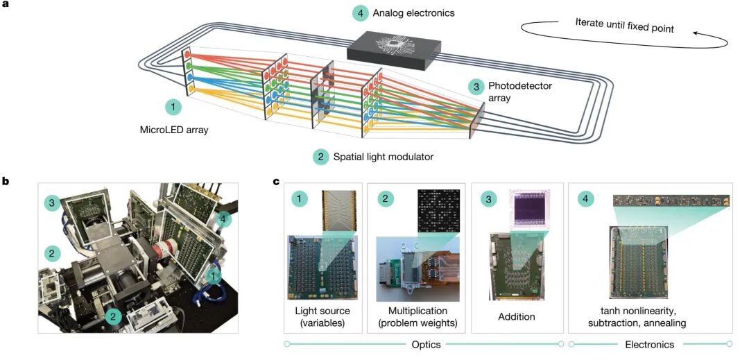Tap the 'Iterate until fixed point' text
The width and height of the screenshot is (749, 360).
624,28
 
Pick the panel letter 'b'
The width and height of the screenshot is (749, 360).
6,182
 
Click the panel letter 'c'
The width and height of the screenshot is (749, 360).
277,182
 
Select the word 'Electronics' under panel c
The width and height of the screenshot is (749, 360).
649,344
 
